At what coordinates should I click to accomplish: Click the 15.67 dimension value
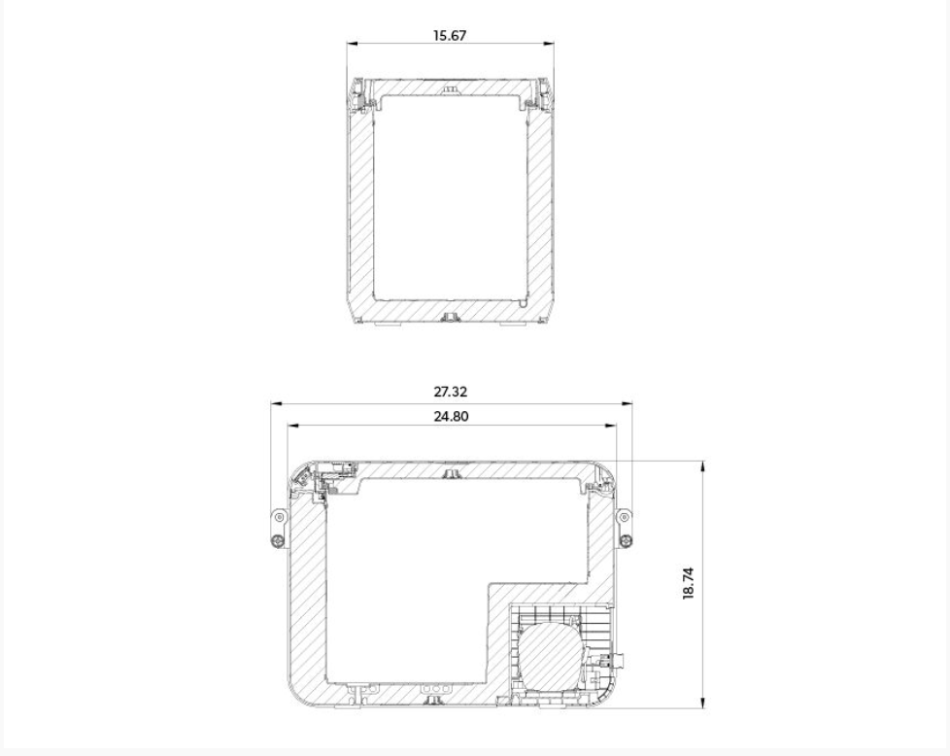click(x=450, y=35)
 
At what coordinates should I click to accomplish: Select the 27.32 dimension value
click(x=450, y=392)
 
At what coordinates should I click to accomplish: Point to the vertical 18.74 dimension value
click(x=689, y=583)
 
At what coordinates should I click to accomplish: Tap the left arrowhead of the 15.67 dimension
click(x=352, y=44)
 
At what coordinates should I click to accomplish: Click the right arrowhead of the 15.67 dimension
click(x=548, y=44)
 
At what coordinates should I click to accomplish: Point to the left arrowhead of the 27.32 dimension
click(x=276, y=403)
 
